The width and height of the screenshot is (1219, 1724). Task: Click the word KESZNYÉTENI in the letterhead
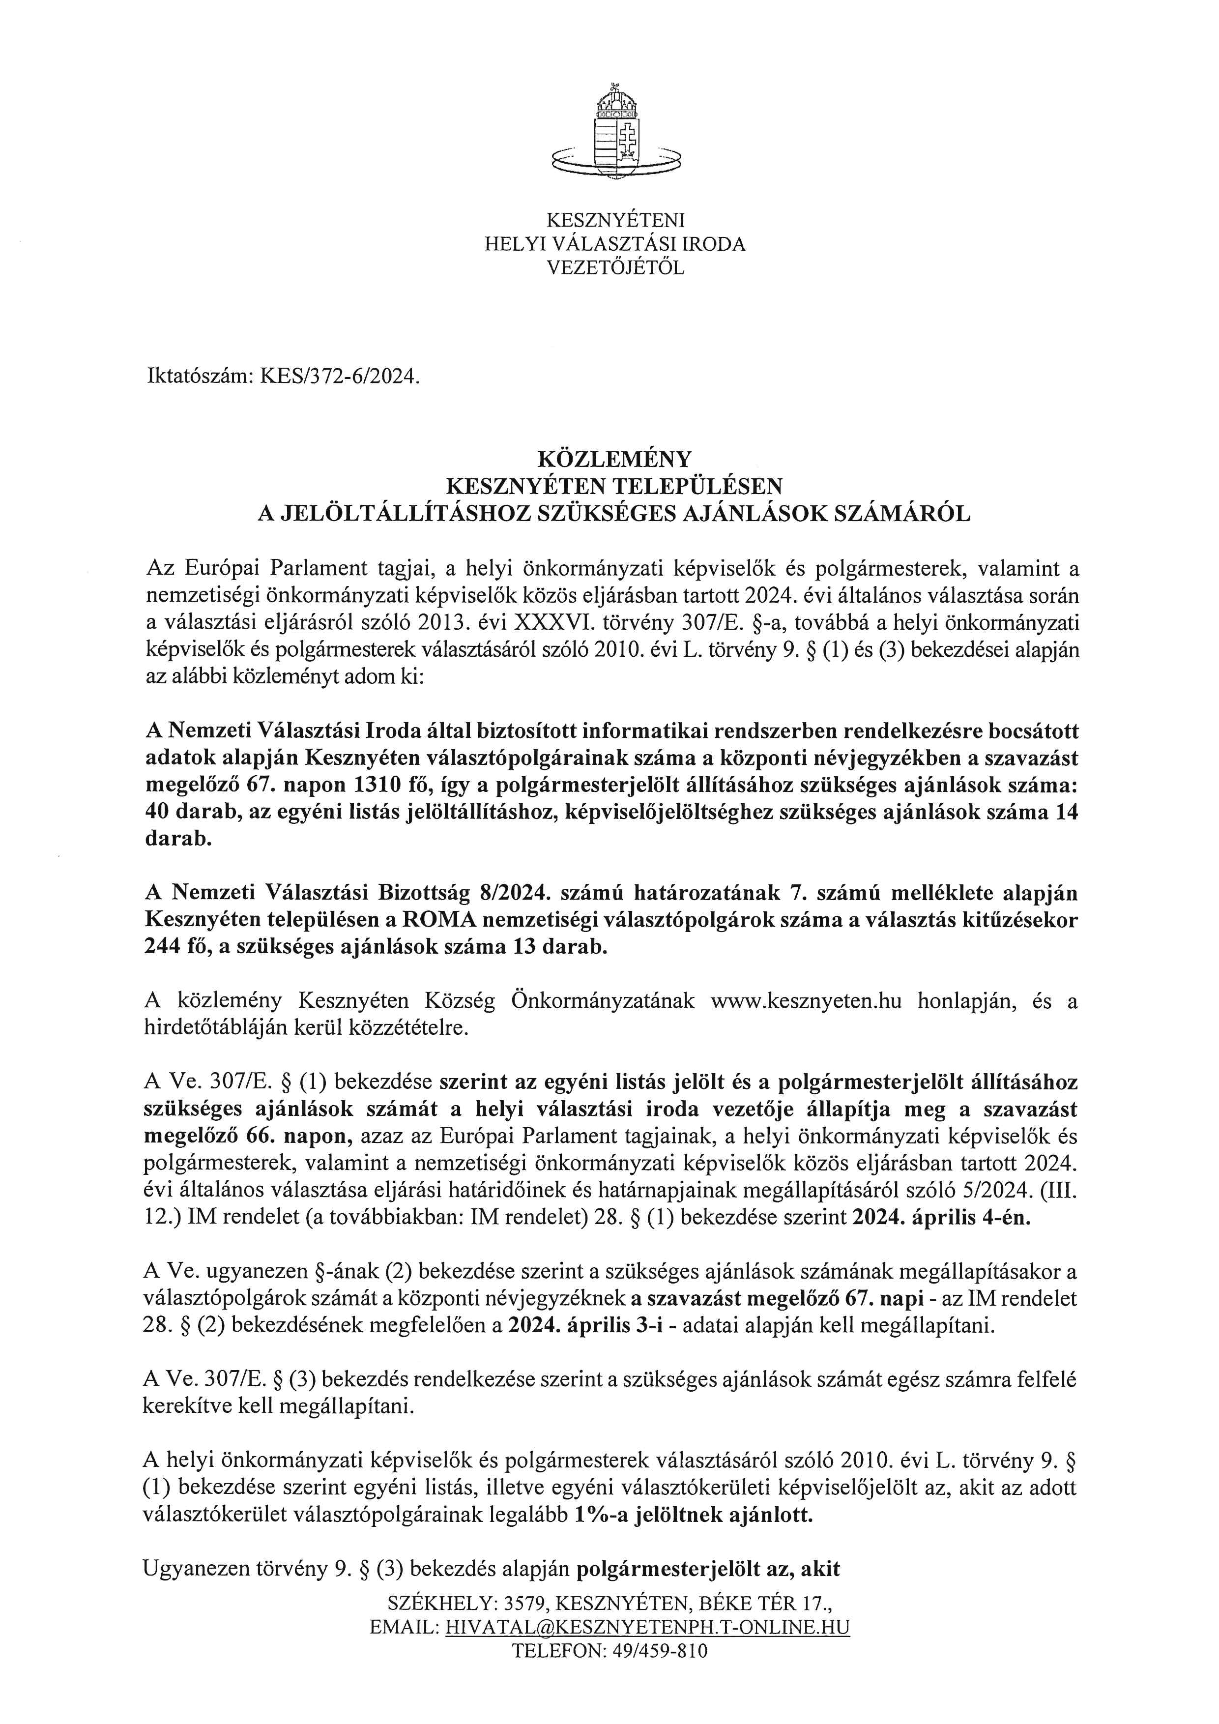(x=615, y=221)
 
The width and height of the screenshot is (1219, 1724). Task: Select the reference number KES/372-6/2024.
(x=337, y=377)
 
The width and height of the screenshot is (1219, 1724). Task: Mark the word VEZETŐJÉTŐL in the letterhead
(x=615, y=267)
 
